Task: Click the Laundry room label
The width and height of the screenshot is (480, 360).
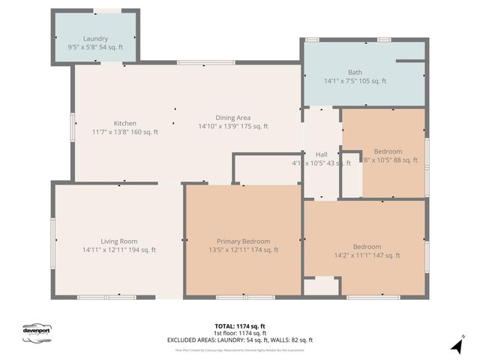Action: click(x=95, y=38)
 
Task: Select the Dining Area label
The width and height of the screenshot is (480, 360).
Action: click(x=232, y=117)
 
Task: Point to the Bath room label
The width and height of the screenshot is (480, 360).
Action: click(x=355, y=72)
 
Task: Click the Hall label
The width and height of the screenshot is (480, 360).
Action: click(x=321, y=154)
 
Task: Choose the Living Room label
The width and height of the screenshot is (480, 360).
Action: click(x=119, y=241)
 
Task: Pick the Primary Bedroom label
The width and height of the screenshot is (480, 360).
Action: click(x=243, y=241)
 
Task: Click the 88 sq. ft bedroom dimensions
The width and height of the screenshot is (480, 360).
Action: click(x=382, y=160)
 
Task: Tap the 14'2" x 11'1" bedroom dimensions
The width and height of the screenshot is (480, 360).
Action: click(x=367, y=256)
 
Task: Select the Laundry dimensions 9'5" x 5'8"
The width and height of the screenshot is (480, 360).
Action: click(x=95, y=47)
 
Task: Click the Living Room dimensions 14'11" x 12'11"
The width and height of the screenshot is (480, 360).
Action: click(x=119, y=250)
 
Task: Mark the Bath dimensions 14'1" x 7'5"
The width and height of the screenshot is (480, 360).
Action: click(x=355, y=81)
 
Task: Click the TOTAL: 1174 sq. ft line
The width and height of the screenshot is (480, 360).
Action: click(x=240, y=326)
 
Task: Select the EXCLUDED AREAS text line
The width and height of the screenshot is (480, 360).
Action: click(x=240, y=340)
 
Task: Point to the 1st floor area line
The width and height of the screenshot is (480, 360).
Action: click(x=240, y=333)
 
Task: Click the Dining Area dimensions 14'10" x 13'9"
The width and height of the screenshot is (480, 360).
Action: click(x=232, y=126)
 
